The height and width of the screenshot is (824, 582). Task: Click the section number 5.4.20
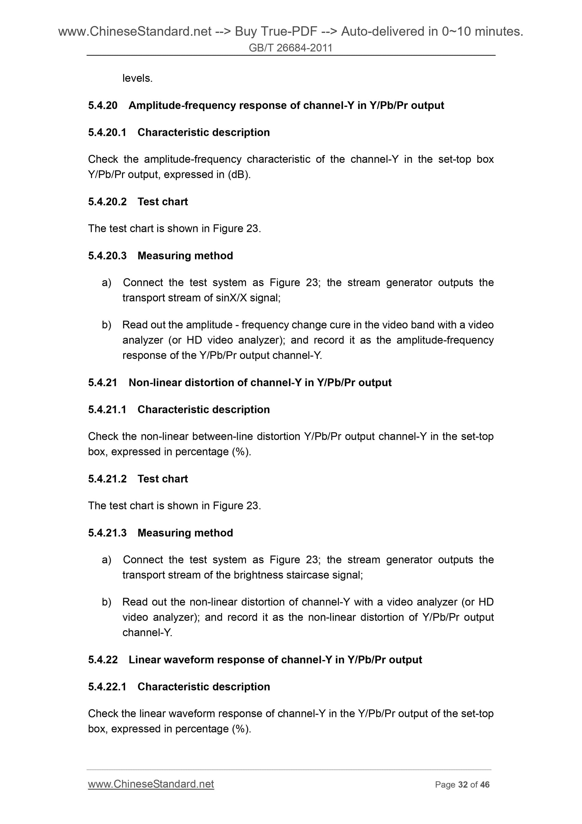103,106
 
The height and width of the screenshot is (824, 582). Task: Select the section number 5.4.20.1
107,132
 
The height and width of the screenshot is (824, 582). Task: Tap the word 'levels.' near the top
137,78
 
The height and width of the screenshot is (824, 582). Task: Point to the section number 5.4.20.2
107,202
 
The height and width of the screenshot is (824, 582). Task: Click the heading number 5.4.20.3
107,256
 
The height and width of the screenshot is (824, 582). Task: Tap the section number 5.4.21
103,383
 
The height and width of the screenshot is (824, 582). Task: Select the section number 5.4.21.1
107,409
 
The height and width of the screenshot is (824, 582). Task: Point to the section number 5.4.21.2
107,479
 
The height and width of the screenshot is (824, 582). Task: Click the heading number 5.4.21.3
107,533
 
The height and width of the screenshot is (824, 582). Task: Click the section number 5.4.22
103,660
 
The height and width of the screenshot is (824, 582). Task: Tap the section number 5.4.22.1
107,687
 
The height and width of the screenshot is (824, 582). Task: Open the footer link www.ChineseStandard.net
151,784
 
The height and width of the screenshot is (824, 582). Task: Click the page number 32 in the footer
463,785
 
